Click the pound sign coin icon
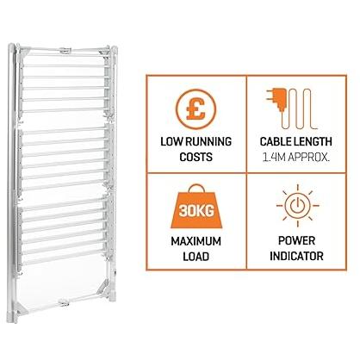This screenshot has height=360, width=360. (196, 109)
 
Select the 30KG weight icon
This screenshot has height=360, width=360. (196, 207)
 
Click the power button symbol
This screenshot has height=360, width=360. (297, 206)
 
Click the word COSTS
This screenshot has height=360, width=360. (196, 158)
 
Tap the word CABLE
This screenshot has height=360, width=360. (276, 142)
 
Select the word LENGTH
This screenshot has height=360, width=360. (313, 142)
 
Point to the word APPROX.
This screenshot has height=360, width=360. (309, 158)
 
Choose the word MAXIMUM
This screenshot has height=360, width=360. (196, 241)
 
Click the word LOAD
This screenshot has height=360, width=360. (196, 257)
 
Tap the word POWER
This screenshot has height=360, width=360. (296, 241)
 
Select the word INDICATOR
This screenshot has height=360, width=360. (296, 256)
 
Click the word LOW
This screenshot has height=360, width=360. (171, 142)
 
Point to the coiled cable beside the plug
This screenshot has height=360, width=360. (299, 109)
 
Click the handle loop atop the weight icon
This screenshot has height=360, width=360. (196, 188)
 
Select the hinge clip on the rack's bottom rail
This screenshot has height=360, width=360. (63, 302)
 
